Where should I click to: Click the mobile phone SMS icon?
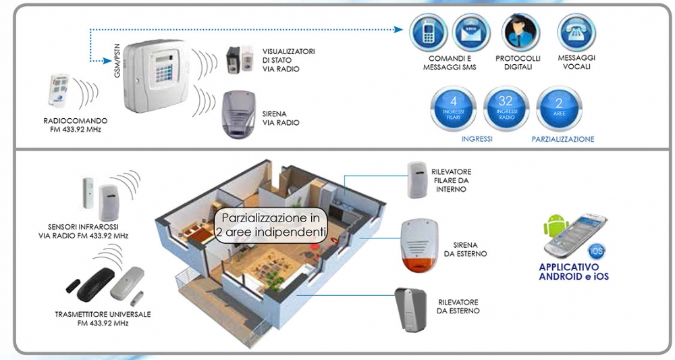[x=429, y=33]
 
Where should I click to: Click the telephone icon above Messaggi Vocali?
[x=575, y=32]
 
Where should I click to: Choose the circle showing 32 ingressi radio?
[x=506, y=108]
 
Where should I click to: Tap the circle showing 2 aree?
[x=559, y=108]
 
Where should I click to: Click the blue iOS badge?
[x=597, y=251]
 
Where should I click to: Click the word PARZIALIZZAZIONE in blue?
[x=562, y=139]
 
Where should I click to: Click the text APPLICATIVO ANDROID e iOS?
[x=574, y=271]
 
